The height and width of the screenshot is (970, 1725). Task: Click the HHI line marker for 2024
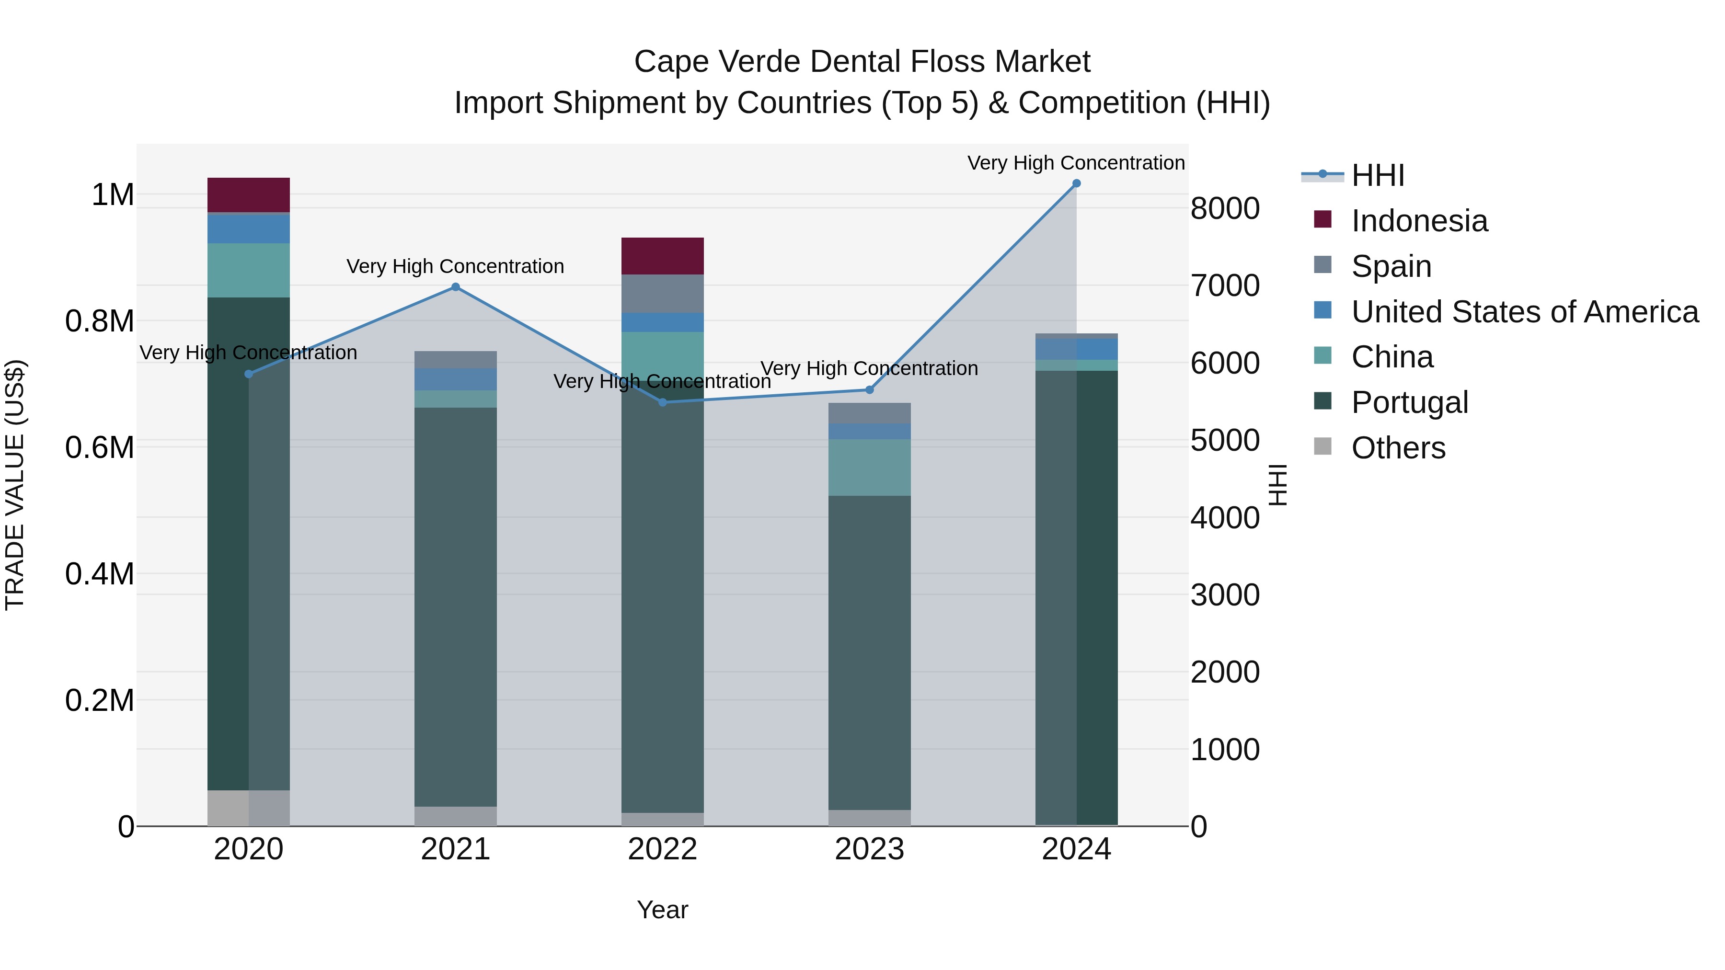click(x=1076, y=183)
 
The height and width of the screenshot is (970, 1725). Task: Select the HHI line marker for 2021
click(x=455, y=287)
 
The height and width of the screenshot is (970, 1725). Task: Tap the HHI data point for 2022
click(x=662, y=402)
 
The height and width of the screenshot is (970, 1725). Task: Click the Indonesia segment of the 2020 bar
click(x=248, y=195)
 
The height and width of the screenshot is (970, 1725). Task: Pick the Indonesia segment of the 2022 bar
click(x=662, y=256)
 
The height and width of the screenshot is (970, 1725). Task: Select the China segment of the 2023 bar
click(x=869, y=467)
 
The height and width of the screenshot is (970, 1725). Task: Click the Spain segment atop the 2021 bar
click(x=455, y=359)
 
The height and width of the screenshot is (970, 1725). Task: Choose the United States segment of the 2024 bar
click(x=1076, y=349)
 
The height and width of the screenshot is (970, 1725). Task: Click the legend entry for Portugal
click(x=1410, y=402)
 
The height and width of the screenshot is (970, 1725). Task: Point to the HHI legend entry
click(x=1378, y=175)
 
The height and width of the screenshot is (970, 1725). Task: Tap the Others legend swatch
click(x=1322, y=446)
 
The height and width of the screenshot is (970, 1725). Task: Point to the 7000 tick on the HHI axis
click(x=1225, y=286)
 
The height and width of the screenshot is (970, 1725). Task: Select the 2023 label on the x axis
click(x=869, y=849)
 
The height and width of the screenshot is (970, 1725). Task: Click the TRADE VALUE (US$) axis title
click(x=15, y=485)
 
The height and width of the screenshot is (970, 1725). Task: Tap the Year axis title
click(x=662, y=910)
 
